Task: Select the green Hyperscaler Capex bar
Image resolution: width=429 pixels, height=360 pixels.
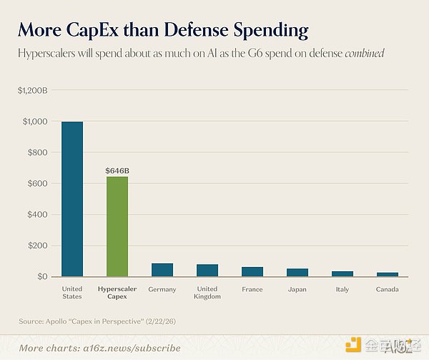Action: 117,226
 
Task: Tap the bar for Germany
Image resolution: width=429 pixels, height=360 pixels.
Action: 162,270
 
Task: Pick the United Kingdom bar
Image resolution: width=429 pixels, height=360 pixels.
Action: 207,271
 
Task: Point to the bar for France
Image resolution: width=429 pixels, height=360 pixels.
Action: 252,272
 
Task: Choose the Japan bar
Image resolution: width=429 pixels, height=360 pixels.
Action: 297,273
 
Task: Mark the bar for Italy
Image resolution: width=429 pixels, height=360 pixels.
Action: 342,274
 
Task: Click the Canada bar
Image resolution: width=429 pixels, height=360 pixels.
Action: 388,275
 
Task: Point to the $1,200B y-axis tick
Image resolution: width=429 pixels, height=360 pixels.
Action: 33,90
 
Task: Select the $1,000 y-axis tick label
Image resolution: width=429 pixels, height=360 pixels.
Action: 35,122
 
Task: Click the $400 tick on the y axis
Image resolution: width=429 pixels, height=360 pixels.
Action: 39,215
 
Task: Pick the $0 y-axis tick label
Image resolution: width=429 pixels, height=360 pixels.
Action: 42,277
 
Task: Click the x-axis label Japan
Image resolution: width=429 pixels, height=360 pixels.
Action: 297,290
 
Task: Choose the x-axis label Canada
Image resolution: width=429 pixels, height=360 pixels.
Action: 388,290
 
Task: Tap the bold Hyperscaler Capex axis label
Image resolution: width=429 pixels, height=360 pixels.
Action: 117,293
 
